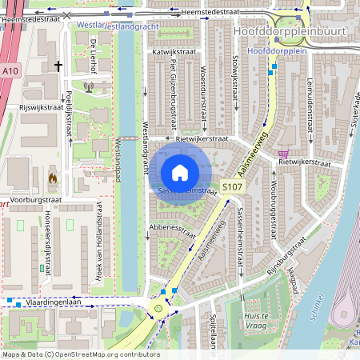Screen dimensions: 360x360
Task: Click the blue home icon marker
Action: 180,172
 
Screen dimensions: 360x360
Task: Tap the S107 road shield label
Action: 232,187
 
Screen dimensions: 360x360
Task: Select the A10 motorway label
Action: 10,71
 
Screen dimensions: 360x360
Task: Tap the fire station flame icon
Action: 53,178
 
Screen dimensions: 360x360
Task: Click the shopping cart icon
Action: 282,154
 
